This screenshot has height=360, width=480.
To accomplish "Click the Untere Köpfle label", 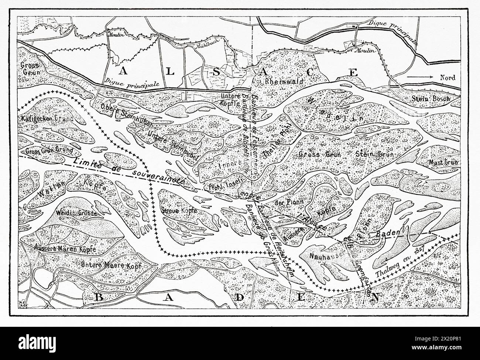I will tap(230, 99).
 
